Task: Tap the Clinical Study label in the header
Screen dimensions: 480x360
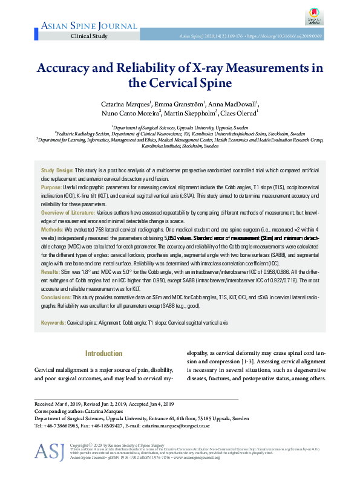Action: pyautogui.click(x=89, y=36)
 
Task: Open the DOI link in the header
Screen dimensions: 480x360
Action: pyautogui.click(x=298, y=37)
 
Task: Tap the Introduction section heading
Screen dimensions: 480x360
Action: pyautogui.click(x=103, y=353)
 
